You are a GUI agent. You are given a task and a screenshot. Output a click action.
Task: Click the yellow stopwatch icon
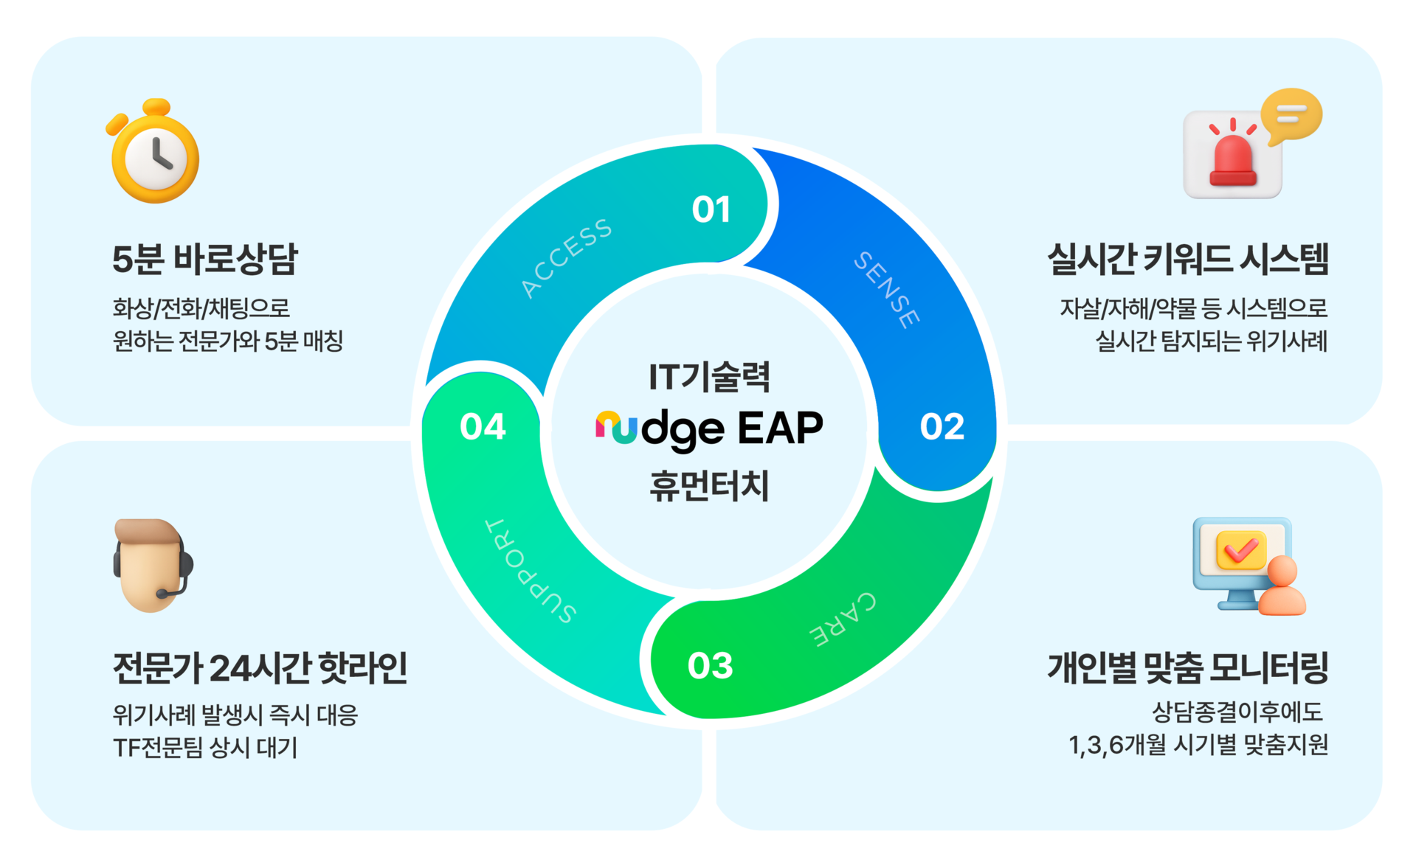click(154, 153)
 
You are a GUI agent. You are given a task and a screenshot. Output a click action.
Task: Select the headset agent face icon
click(152, 565)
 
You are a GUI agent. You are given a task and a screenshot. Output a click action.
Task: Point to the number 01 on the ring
click(711, 209)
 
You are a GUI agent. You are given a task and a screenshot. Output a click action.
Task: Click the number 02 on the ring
click(942, 427)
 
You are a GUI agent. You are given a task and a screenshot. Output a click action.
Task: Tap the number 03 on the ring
click(710, 666)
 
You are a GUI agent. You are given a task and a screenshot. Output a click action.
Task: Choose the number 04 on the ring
click(483, 427)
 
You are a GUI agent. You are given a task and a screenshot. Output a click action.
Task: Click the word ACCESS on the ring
click(566, 258)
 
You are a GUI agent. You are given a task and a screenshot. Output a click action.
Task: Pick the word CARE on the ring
click(843, 619)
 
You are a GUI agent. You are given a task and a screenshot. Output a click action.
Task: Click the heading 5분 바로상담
click(204, 259)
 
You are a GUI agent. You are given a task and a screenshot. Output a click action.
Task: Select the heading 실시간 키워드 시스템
click(1187, 259)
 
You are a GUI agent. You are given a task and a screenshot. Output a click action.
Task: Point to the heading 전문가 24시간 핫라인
click(260, 668)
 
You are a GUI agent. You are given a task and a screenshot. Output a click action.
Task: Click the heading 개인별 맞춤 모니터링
click(1187, 668)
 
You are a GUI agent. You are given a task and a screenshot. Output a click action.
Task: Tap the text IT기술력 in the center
click(709, 377)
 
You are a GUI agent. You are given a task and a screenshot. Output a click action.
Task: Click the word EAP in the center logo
click(780, 428)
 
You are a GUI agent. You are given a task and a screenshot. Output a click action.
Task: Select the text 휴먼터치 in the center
click(709, 486)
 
